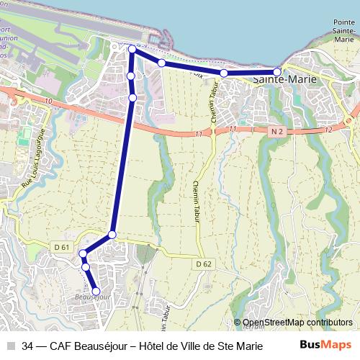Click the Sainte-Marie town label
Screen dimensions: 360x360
pos(286,80)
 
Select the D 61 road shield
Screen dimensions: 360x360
pos(62,247)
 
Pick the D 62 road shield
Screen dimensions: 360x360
pos(204,264)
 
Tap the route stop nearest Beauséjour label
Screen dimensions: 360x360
pos(96,291)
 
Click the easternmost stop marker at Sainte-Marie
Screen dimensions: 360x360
pos(277,72)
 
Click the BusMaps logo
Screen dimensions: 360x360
pos(325,345)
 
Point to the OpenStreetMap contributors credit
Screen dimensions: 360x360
pos(293,323)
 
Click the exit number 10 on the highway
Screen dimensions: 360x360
pos(48,102)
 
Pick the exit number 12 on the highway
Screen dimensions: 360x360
pos(328,130)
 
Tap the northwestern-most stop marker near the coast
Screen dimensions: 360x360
pos(132,49)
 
